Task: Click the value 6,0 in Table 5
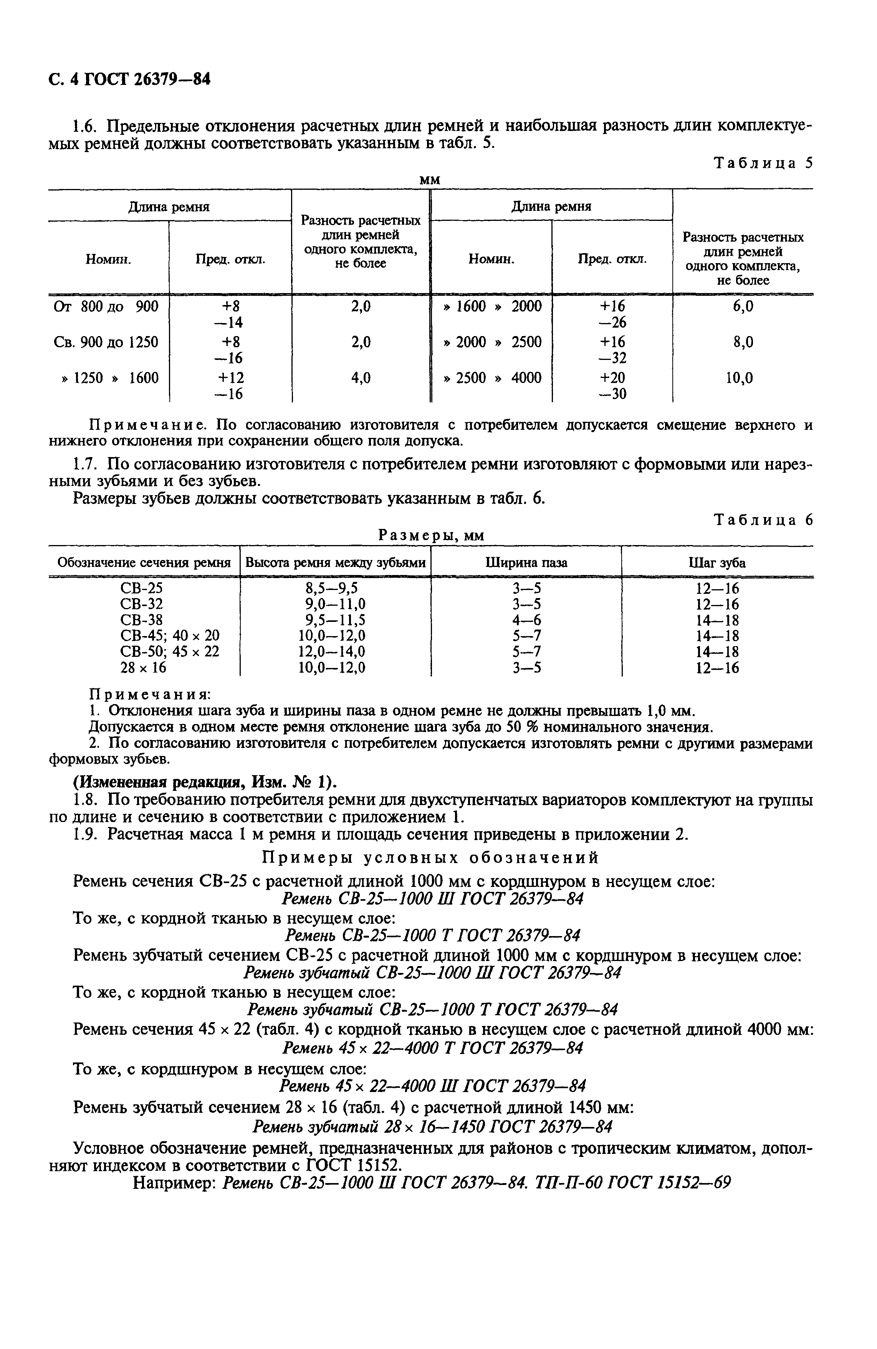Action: [742, 307]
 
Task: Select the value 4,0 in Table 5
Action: [361, 378]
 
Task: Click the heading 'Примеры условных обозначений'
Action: [430, 858]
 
